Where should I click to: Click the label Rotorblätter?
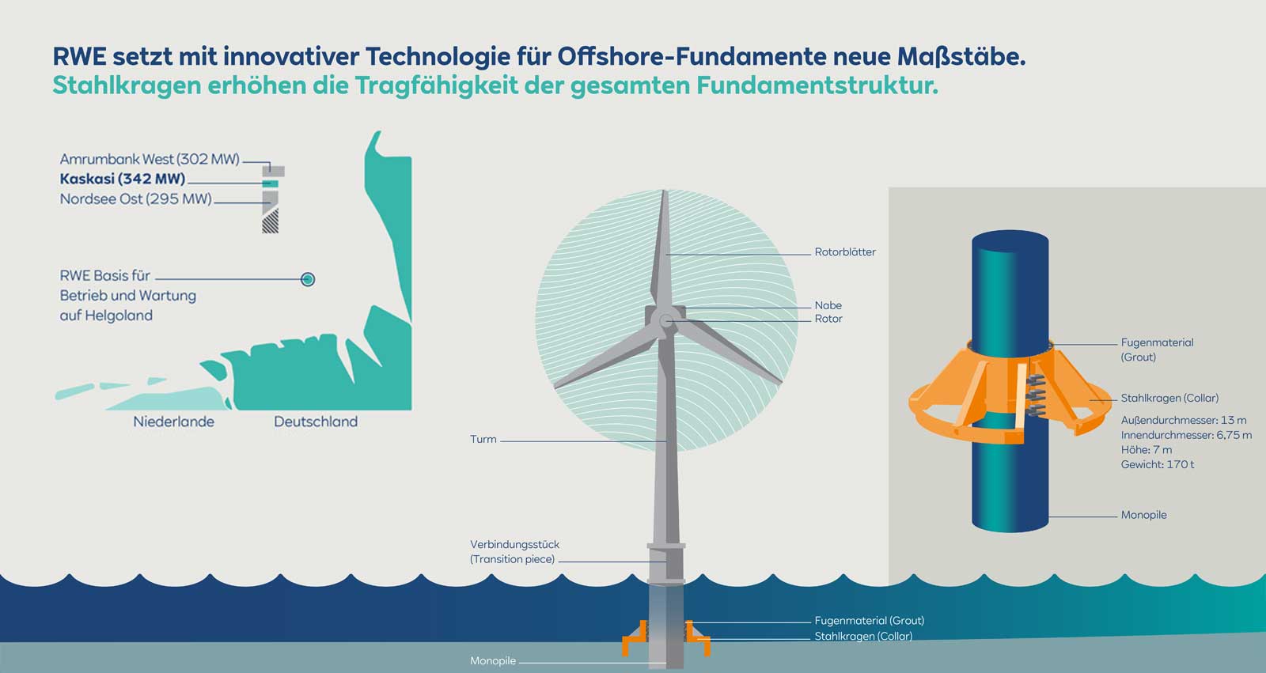tap(845, 252)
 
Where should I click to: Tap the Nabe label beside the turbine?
tap(828, 305)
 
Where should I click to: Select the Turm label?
tap(483, 440)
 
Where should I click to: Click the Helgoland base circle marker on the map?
tap(309, 279)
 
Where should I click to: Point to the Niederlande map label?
tap(173, 422)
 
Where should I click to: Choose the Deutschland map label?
tap(316, 422)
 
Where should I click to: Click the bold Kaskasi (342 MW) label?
tap(123, 180)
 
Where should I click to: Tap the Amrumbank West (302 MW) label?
tap(150, 159)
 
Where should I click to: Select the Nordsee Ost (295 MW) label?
tap(136, 199)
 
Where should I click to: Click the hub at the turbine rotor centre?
tap(666, 320)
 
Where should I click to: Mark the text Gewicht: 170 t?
tap(1157, 465)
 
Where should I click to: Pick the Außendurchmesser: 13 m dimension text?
tap(1183, 421)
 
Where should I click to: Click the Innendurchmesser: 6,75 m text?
tap(1186, 436)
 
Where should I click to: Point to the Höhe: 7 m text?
tap(1146, 450)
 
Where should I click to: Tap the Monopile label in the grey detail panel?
tap(1143, 516)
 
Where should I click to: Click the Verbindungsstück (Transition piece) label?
tap(514, 552)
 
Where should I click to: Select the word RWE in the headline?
tap(79, 57)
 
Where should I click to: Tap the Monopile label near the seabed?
tap(492, 661)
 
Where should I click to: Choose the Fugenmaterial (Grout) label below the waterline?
tap(869, 621)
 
